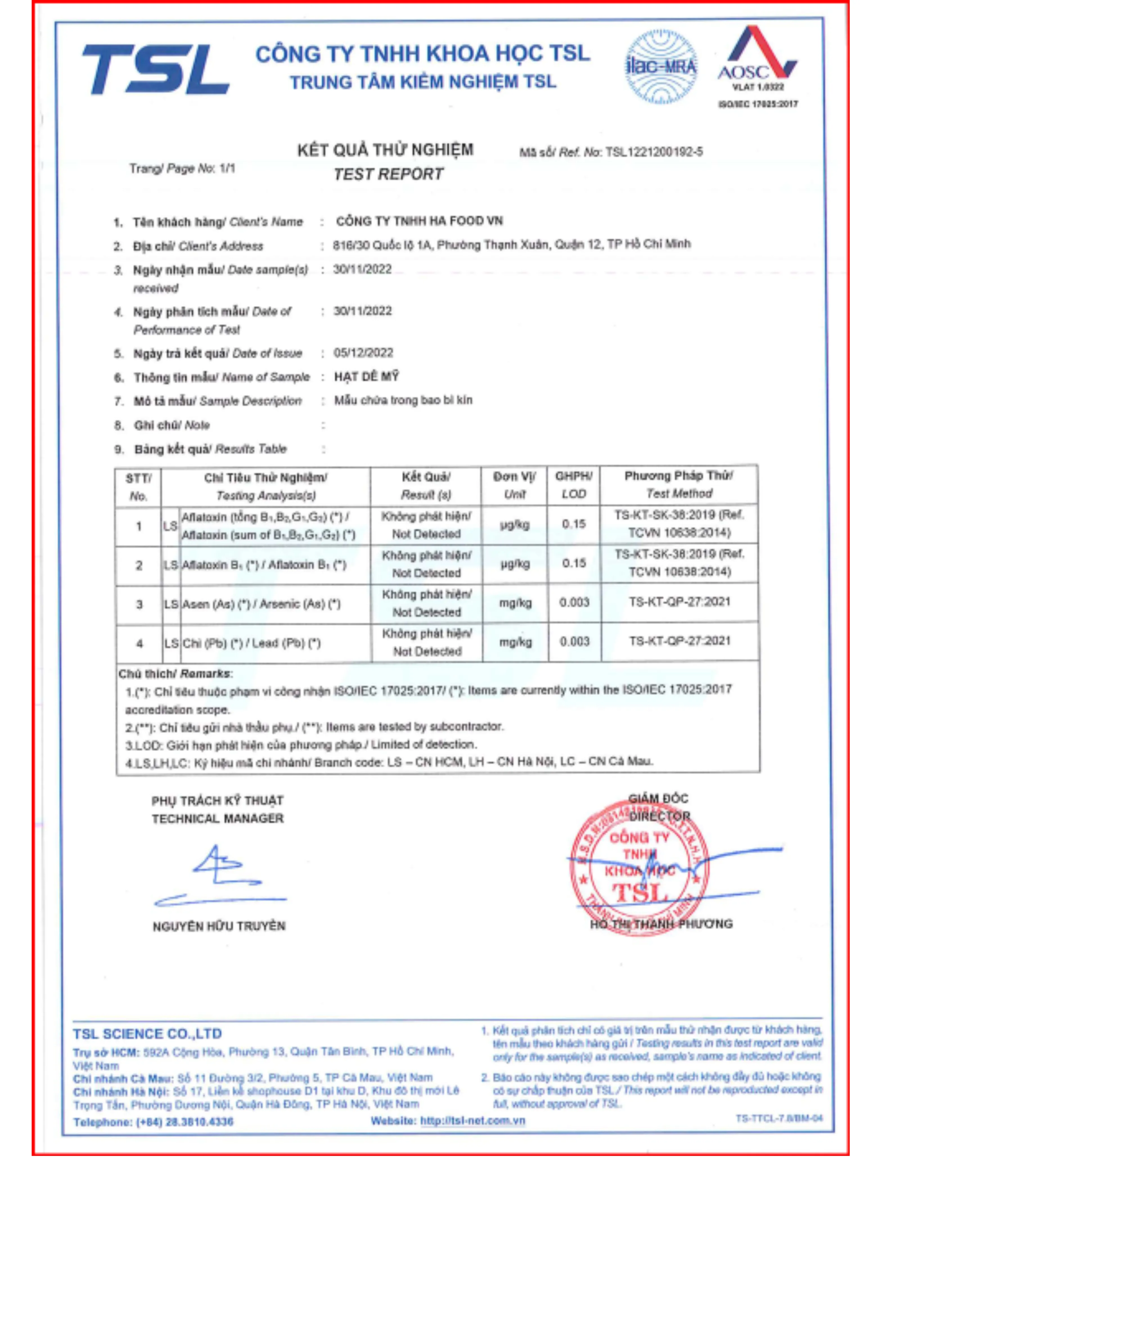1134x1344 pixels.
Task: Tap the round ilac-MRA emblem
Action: pyautogui.click(x=661, y=67)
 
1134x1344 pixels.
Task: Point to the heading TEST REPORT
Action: pyautogui.click(x=388, y=174)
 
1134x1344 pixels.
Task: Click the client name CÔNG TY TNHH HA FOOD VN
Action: pyautogui.click(x=419, y=221)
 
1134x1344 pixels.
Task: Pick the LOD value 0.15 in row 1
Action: pyautogui.click(x=573, y=524)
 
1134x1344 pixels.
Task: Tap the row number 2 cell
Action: pyautogui.click(x=139, y=566)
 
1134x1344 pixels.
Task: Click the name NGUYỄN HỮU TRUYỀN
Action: pyautogui.click(x=219, y=926)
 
